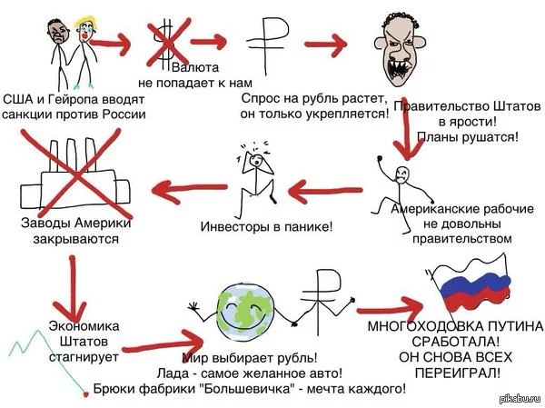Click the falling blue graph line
pyautogui.click(x=27, y=350)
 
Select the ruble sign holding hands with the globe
pyautogui.click(x=319, y=300)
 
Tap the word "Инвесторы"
pyautogui.click(x=231, y=225)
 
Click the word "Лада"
pyautogui.click(x=198, y=372)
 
